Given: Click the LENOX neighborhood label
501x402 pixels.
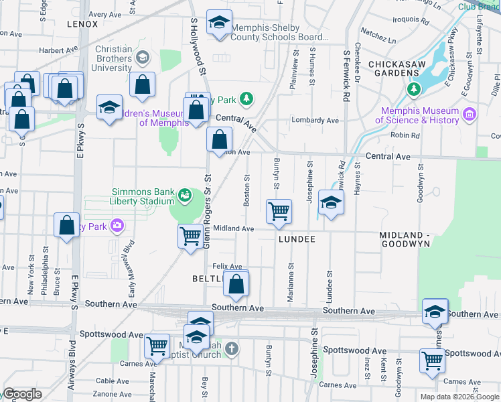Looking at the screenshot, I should pyautogui.click(x=82, y=24).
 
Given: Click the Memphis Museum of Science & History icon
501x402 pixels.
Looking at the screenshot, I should pyautogui.click(x=469, y=115).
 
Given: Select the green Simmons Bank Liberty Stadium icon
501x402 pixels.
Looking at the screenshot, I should pyautogui.click(x=184, y=196).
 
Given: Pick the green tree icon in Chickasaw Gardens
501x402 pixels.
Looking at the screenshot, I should pyautogui.click(x=414, y=88).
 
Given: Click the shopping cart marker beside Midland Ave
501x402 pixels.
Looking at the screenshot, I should pyautogui.click(x=191, y=235).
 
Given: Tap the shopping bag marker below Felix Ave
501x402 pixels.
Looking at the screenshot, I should pyautogui.click(x=237, y=283).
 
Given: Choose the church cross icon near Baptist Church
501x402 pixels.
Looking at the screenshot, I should pyautogui.click(x=231, y=348).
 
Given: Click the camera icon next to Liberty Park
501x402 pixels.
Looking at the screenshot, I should pyautogui.click(x=118, y=226).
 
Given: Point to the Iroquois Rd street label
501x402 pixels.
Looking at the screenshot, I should pyautogui.click(x=408, y=19).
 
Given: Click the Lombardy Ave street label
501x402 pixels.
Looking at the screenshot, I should pyautogui.click(x=314, y=121).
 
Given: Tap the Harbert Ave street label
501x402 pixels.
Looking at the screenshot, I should pyautogui.click(x=55, y=50).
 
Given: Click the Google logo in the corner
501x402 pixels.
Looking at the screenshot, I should pyautogui.click(x=22, y=394).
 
